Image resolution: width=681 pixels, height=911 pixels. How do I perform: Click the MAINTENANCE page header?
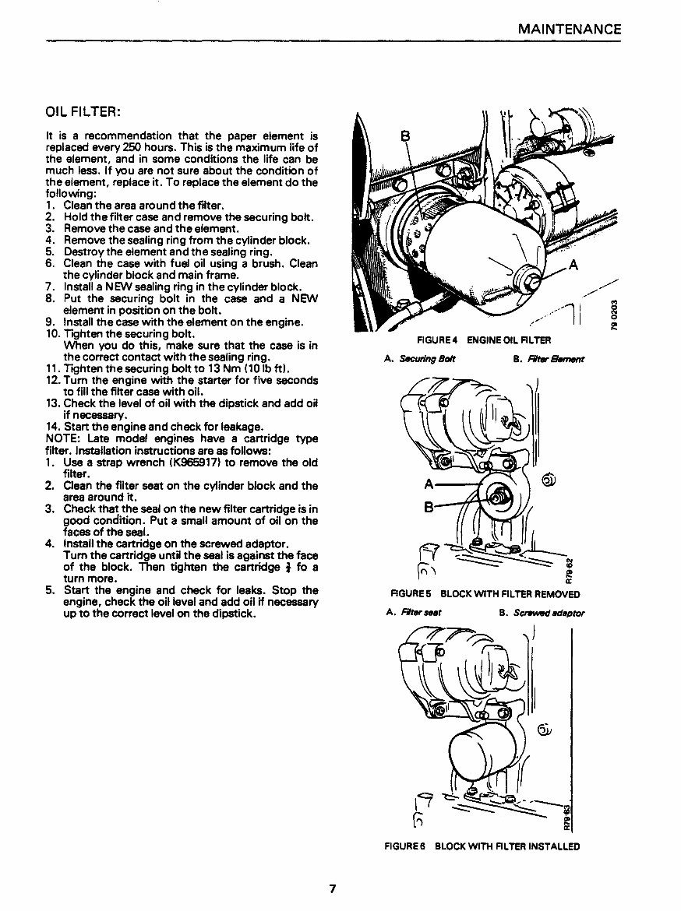570,30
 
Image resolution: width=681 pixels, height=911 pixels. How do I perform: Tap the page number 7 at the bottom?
332,888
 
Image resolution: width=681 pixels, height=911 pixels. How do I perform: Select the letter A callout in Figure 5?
428,484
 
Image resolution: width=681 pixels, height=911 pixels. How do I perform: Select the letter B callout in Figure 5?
428,507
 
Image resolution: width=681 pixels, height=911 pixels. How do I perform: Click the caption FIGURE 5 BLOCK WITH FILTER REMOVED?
485,594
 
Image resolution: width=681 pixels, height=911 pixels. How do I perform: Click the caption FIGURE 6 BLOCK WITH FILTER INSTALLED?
483,846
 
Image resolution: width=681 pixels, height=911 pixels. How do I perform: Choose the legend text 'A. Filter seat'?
414,613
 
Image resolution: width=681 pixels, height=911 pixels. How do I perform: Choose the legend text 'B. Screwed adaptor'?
542,613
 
